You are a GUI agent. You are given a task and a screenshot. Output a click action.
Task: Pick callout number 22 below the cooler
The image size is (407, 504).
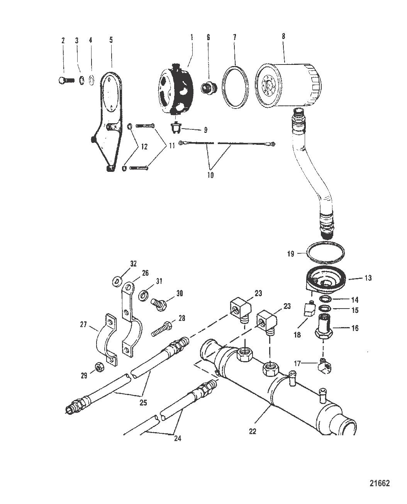point(253,431)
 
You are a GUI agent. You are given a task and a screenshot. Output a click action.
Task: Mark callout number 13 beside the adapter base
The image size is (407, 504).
point(368,278)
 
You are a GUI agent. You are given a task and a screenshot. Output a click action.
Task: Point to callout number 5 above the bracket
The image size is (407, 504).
point(111,39)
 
